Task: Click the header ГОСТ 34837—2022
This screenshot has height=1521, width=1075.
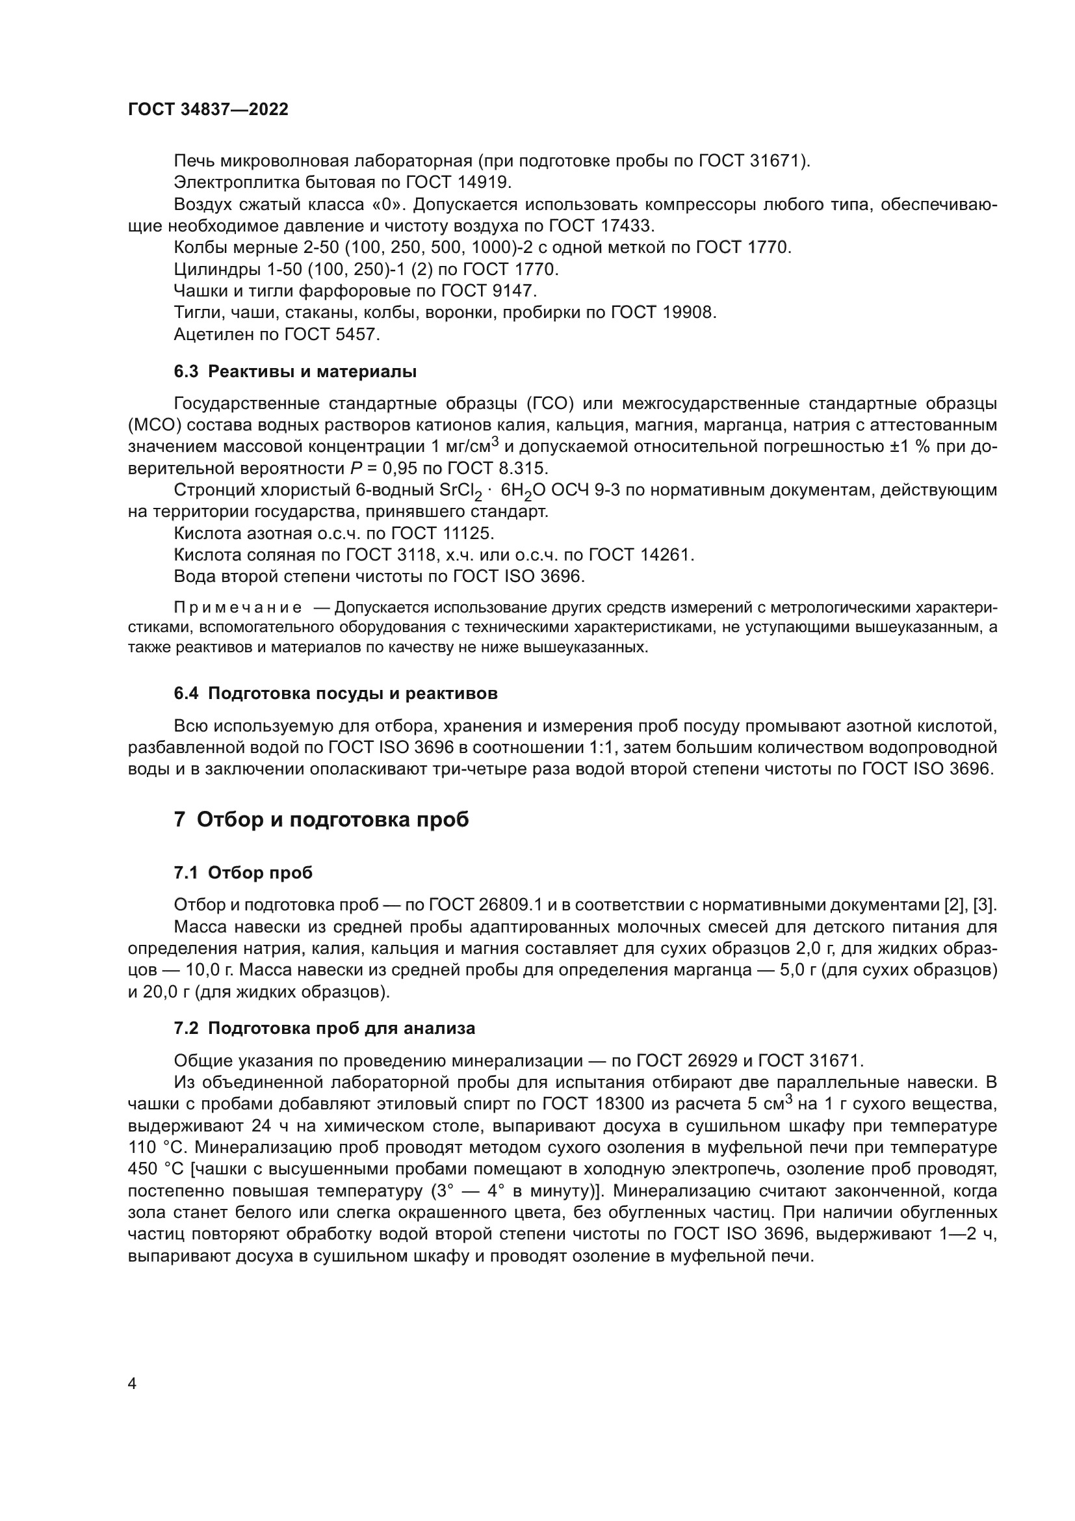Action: click(208, 110)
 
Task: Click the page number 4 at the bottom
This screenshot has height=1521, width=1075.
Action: click(132, 1383)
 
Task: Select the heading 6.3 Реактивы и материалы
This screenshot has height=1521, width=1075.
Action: click(295, 372)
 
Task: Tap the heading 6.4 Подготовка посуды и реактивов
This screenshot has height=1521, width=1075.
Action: click(335, 694)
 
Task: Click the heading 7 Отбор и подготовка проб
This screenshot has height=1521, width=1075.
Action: click(321, 819)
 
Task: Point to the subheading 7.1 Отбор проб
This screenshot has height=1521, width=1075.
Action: click(243, 873)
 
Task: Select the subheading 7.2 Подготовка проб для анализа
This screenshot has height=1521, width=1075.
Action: click(324, 1028)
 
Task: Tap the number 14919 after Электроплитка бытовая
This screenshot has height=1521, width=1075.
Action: click(483, 182)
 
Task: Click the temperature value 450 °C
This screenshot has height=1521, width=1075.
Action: click(155, 1169)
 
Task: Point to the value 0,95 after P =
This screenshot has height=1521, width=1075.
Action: click(400, 469)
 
